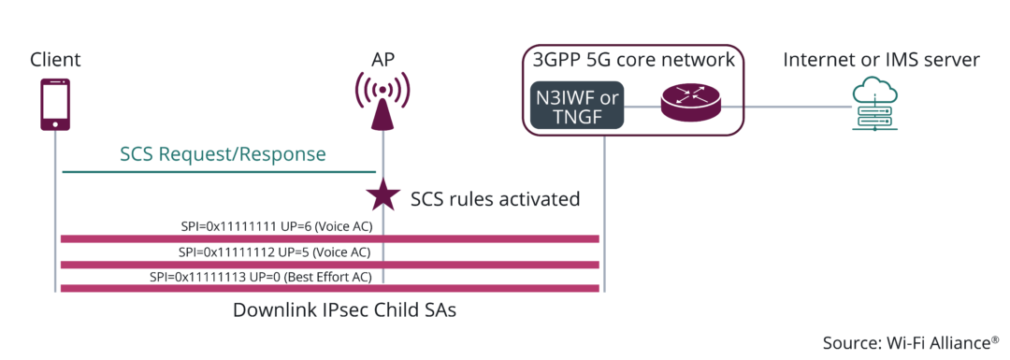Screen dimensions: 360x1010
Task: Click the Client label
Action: tap(55, 60)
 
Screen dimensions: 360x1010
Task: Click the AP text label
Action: tap(382, 60)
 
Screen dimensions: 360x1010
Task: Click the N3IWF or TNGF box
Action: tap(577, 107)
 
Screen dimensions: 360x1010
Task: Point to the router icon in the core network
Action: tap(691, 102)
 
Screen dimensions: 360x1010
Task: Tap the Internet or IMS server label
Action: tap(881, 60)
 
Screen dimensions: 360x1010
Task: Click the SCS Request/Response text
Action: tap(223, 154)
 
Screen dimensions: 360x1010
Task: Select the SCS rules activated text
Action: tap(496, 198)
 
